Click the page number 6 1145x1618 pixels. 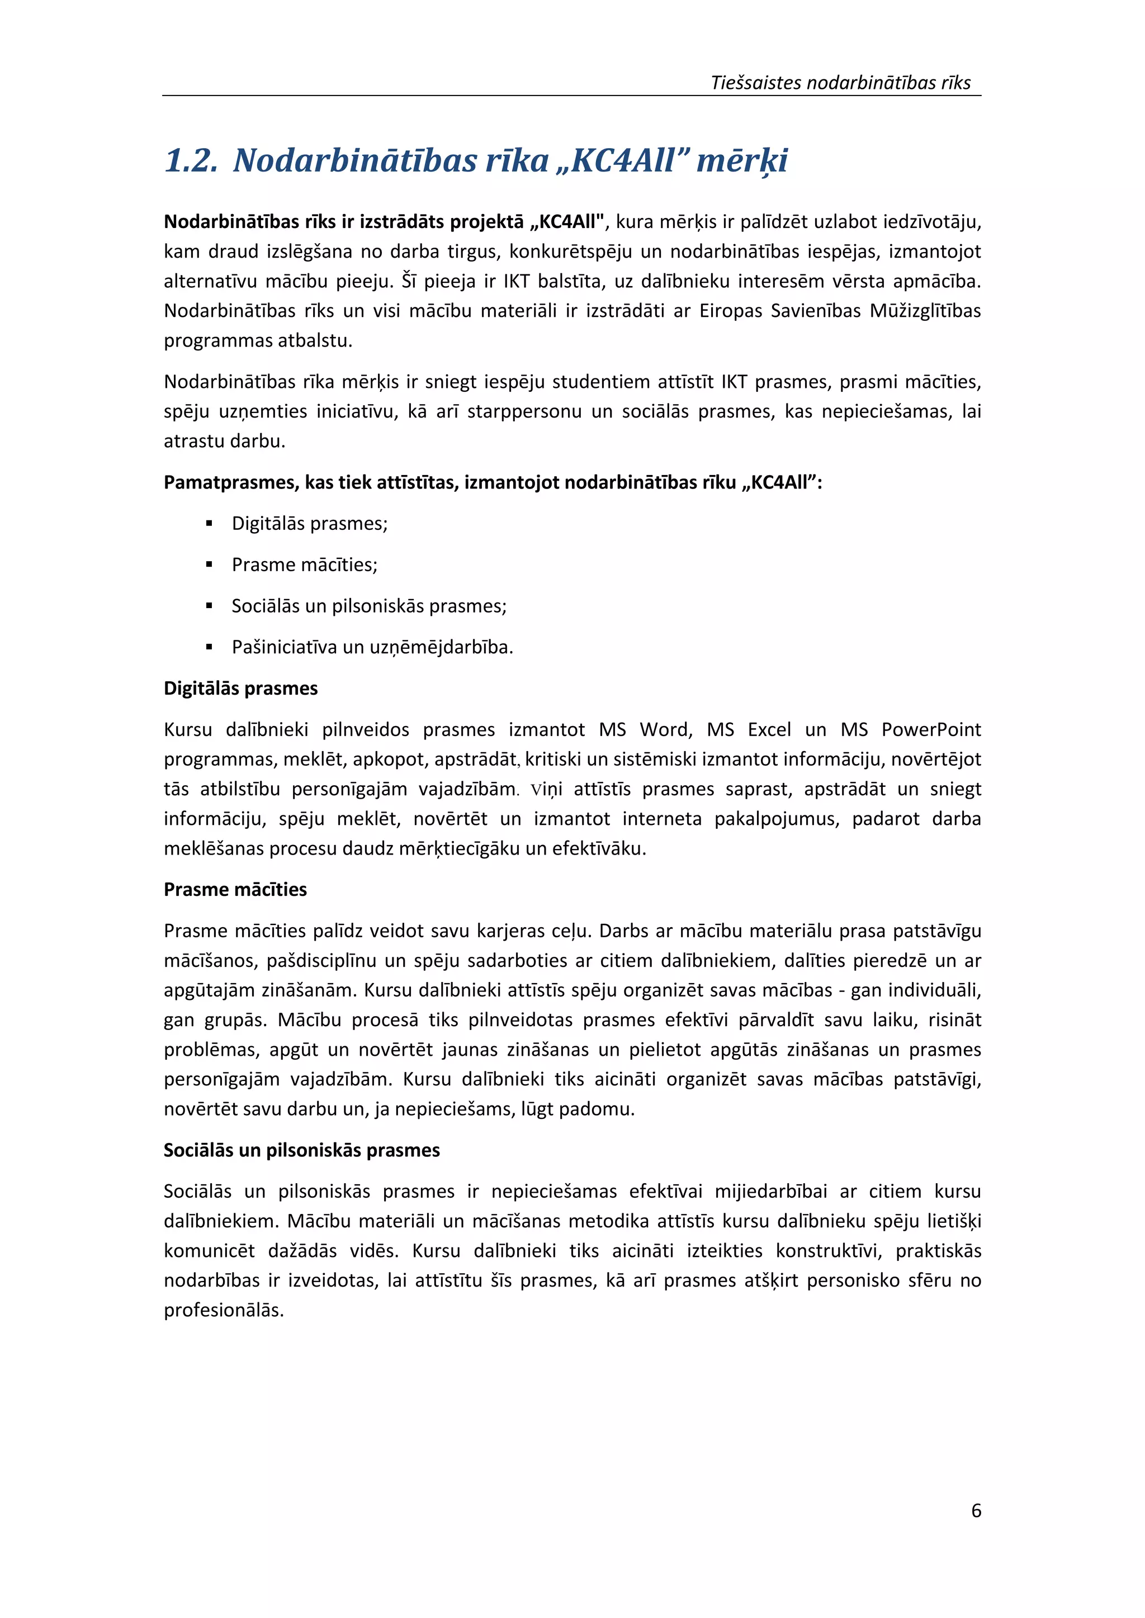(x=976, y=1510)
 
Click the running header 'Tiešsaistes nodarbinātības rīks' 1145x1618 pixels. (x=840, y=83)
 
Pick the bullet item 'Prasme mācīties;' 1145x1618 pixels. (x=305, y=564)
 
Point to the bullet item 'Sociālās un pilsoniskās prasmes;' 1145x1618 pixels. (x=369, y=606)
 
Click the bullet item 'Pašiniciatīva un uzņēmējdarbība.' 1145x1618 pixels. (x=372, y=647)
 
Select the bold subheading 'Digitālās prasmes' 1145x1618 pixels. (x=240, y=688)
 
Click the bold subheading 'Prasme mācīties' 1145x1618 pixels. (x=235, y=889)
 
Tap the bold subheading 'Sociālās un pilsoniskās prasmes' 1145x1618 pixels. (x=302, y=1150)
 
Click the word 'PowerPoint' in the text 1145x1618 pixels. (x=931, y=729)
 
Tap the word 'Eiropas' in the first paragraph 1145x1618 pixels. (x=730, y=311)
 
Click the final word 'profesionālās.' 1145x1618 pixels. (x=224, y=1310)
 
